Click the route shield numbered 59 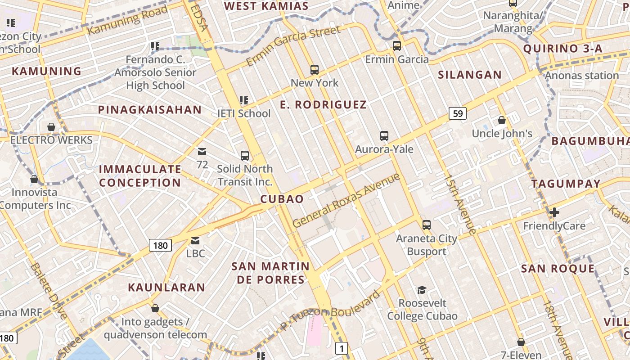458,113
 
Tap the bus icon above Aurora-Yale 384,135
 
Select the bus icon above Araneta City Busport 426,225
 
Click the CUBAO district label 282,199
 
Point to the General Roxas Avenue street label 346,200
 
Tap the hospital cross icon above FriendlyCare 554,212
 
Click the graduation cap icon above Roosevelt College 422,289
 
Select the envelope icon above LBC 195,241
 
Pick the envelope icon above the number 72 202,152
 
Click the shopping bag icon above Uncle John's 502,120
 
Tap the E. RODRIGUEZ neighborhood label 323,105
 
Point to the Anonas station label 582,75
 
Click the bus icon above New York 315,70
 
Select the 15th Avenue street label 459,204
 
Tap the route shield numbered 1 342,348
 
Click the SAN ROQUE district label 558,269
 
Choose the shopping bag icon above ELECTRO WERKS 51,127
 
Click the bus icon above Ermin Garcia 396,45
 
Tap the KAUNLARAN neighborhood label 166,287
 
